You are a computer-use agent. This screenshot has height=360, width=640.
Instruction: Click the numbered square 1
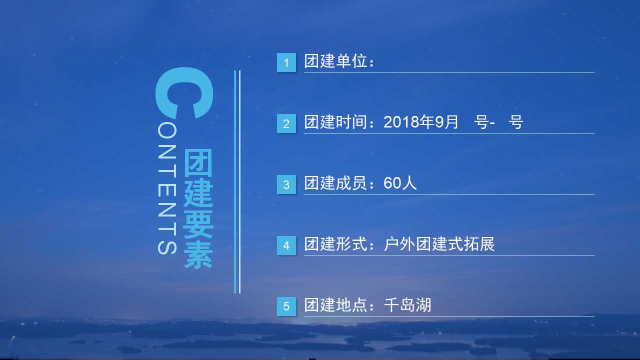[x=286, y=62]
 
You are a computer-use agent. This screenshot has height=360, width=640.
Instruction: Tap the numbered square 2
[x=286, y=123]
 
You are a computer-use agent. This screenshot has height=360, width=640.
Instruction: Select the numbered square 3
[x=286, y=184]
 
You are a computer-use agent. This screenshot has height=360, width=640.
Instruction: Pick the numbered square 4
[x=286, y=245]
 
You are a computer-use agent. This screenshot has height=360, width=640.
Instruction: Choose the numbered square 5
[x=286, y=306]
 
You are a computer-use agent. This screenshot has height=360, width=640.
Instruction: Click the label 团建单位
[x=335, y=61]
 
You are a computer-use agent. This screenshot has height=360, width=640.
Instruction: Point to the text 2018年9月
[x=420, y=122]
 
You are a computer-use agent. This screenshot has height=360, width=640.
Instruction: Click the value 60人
[x=400, y=183]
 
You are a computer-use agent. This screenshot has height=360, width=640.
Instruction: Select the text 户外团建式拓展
[x=439, y=244]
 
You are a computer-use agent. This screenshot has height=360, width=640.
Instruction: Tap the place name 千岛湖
[x=407, y=305]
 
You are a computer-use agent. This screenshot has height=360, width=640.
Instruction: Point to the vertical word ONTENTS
[x=167, y=189]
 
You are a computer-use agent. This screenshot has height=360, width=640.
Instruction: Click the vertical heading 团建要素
[x=198, y=208]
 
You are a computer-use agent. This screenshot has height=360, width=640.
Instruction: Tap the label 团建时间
[x=335, y=122]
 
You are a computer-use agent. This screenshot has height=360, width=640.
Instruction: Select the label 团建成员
[x=335, y=183]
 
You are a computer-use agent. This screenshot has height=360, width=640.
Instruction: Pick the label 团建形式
[x=335, y=244]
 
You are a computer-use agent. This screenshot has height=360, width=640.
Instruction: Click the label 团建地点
[x=335, y=305]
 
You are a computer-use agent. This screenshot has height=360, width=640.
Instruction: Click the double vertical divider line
[x=237, y=182]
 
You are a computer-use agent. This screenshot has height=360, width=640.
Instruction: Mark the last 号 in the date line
[x=515, y=122]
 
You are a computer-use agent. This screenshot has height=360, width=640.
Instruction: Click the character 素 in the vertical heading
[x=198, y=255]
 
